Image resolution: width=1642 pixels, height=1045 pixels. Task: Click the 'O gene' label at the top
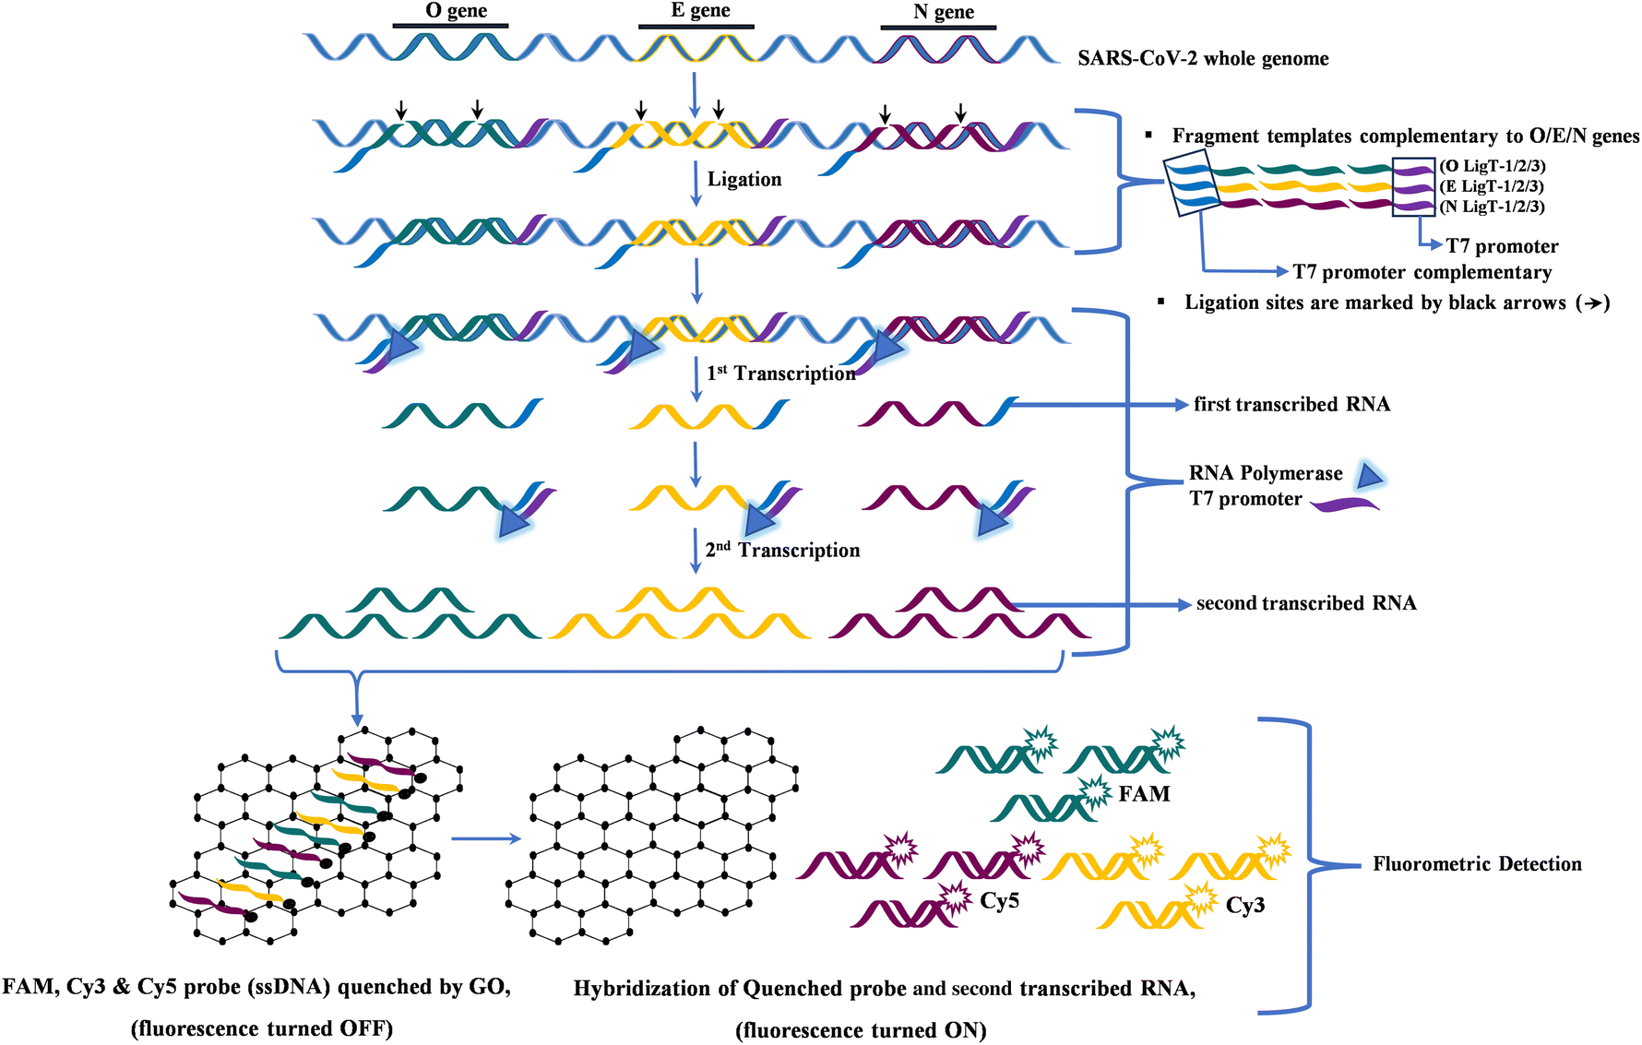(456, 11)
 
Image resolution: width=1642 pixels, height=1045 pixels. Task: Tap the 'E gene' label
(700, 11)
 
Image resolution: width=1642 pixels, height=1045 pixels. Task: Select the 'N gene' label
(943, 12)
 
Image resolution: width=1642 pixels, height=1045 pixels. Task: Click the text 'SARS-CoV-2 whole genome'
(1203, 59)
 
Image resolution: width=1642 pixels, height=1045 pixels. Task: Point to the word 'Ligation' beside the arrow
(744, 179)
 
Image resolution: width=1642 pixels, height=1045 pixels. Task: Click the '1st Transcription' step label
(780, 373)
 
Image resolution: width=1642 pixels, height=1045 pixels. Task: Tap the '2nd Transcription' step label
(782, 550)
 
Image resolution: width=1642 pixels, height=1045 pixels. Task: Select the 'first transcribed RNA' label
(1291, 404)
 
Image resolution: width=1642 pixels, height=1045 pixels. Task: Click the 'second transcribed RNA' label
(1305, 603)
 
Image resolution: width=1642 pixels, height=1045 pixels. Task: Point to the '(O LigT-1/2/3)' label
(1492, 166)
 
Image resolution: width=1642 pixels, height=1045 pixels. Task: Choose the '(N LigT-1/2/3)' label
(1492, 207)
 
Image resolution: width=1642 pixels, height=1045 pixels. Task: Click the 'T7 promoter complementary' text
(1422, 272)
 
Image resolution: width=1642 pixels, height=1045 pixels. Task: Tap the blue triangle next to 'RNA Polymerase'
(1370, 476)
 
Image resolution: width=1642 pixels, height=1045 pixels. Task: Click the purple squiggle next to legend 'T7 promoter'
(1345, 504)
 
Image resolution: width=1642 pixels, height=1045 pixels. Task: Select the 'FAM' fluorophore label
(1144, 794)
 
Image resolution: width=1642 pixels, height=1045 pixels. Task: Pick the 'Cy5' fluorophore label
(999, 901)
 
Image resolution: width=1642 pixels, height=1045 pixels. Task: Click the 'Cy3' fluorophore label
(1244, 906)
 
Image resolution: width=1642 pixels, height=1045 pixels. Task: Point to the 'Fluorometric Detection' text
(1477, 864)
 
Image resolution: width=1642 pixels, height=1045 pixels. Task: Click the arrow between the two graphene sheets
(485, 839)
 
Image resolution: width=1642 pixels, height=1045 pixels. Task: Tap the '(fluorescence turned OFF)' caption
(262, 1028)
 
